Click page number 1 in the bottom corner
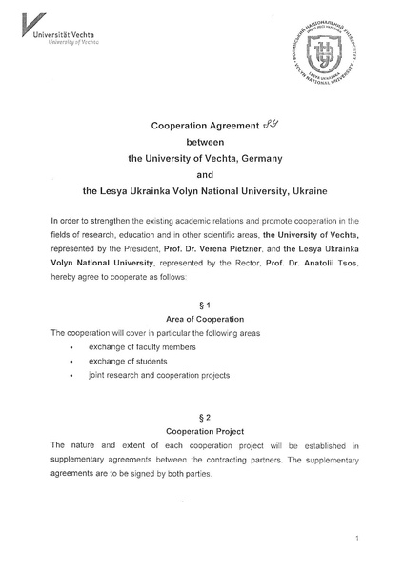coord(355,540)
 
